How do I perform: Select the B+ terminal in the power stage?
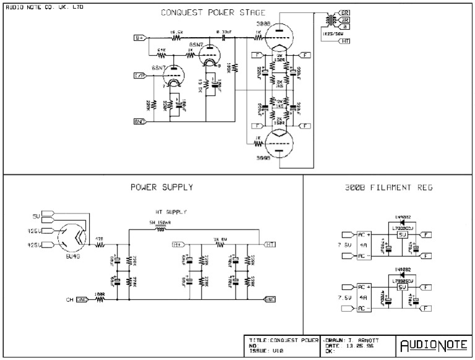point(140,38)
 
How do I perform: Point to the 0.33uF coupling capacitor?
point(221,38)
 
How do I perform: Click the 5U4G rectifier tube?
point(72,236)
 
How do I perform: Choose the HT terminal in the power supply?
point(270,244)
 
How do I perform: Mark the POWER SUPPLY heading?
point(161,187)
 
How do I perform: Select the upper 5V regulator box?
point(401,234)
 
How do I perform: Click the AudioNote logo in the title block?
point(431,345)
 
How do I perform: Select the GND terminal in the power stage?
point(140,121)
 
